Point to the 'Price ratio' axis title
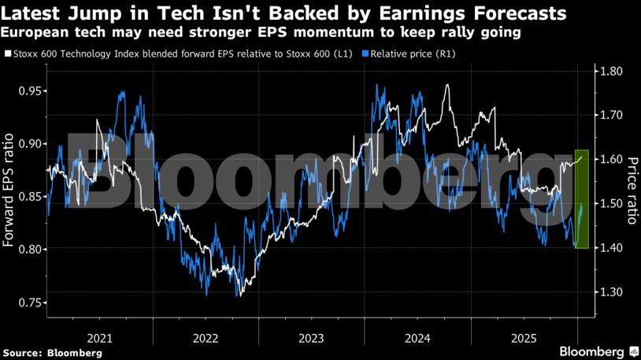(x=632, y=189)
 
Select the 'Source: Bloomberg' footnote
(x=52, y=353)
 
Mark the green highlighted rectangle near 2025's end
(x=582, y=199)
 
